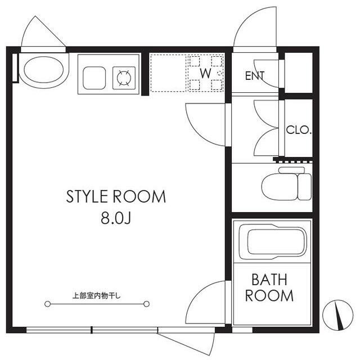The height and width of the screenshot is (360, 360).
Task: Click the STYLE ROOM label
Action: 116,196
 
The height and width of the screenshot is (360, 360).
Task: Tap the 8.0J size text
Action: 116,218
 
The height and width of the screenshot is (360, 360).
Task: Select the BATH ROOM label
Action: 269,287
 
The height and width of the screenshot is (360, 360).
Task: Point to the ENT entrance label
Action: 255,76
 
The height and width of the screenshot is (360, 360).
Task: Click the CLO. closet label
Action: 299,130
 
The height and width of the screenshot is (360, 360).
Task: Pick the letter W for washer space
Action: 205,74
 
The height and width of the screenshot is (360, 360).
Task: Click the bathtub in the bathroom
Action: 273,242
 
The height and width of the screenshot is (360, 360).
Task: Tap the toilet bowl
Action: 280,187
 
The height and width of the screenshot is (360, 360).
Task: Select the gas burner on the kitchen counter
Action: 124,78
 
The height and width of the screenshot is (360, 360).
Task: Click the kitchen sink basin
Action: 94,78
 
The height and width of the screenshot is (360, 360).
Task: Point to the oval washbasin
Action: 44,70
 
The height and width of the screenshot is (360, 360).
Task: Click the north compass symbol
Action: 337,315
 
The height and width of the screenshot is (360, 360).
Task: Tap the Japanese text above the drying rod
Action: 96,296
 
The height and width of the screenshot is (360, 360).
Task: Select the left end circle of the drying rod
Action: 47,304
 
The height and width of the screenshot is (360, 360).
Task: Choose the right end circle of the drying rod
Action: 146,304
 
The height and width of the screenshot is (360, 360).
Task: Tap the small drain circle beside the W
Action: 219,73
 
